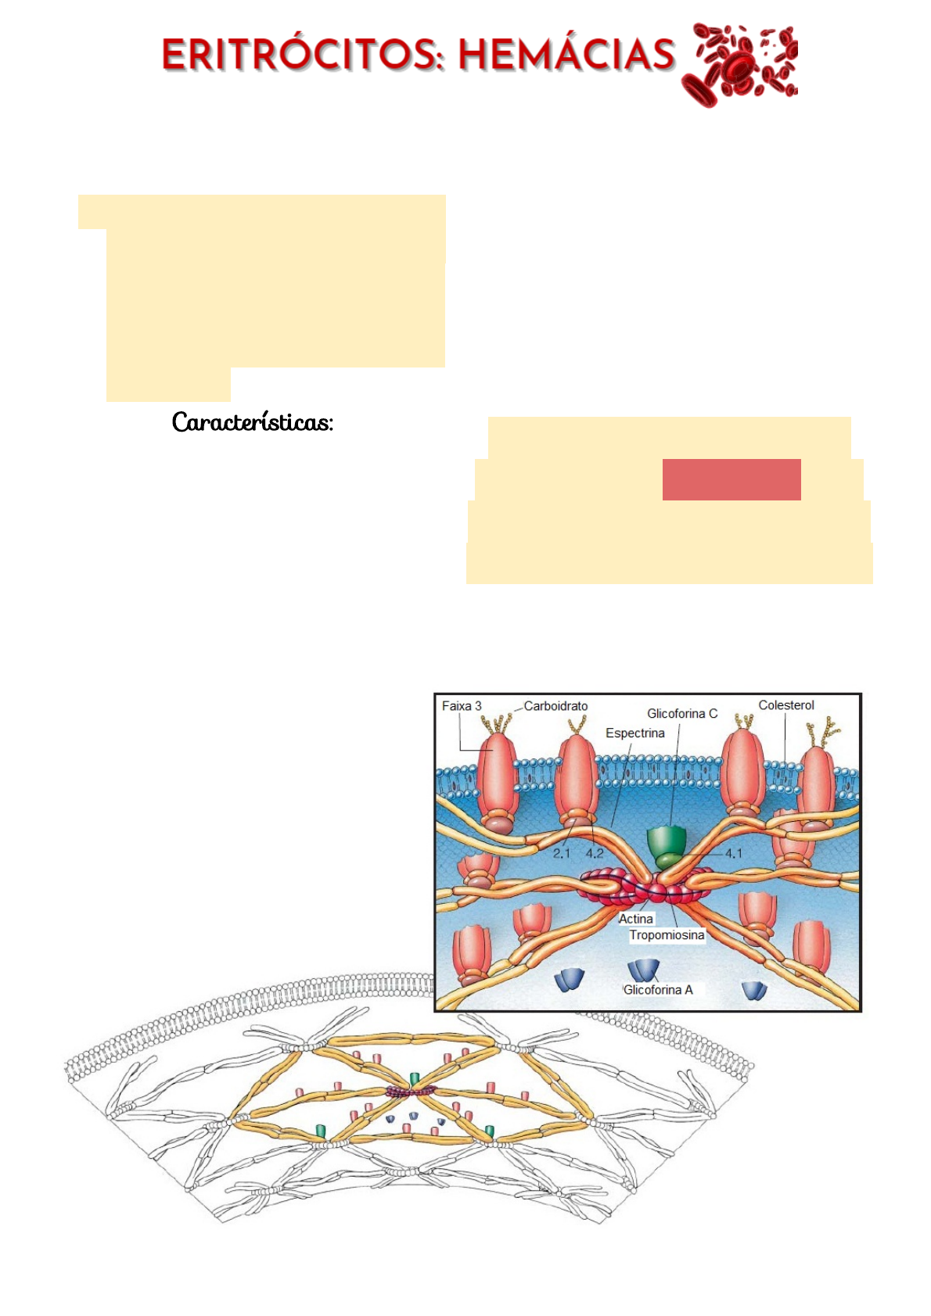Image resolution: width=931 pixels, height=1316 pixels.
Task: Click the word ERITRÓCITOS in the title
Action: tap(298, 56)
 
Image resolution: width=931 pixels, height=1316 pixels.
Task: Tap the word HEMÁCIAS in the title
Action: tap(566, 56)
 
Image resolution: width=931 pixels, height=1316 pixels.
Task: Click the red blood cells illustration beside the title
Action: tap(739, 63)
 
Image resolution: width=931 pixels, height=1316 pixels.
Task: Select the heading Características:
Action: tap(253, 422)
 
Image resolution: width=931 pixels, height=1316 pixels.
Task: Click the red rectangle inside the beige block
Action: tap(731, 479)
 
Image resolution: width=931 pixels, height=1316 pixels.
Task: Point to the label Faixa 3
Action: tap(462, 706)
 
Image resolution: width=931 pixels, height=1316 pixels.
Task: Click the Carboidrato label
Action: tap(555, 706)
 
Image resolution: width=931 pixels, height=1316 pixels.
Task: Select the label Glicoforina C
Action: tap(681, 714)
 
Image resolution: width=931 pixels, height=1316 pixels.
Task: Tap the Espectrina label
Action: tap(634, 733)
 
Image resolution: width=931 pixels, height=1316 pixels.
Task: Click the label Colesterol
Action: tap(785, 705)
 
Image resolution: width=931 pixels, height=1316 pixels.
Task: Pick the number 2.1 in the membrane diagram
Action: tap(562, 853)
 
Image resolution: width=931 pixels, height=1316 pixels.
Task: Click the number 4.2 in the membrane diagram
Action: tap(595, 853)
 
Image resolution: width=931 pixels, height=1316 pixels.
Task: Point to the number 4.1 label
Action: tap(733, 853)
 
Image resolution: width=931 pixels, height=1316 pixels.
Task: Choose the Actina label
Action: tap(636, 919)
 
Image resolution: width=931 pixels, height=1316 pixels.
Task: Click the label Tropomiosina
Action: tap(667, 935)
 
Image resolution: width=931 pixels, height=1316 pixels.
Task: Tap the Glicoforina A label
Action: tap(658, 990)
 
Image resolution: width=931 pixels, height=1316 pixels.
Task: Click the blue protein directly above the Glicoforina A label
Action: tap(644, 970)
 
